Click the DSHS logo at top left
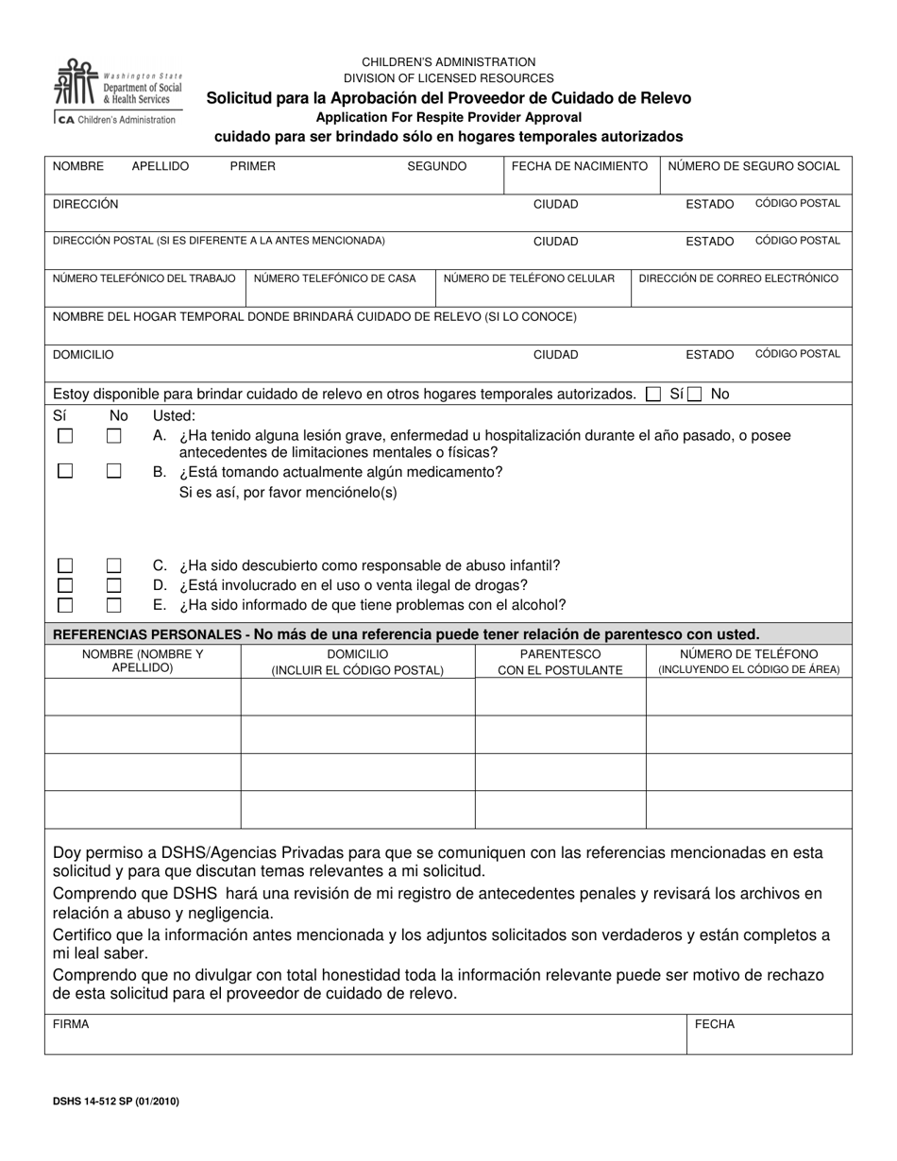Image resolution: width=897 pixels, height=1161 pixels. click(x=118, y=92)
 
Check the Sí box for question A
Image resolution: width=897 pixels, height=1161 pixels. click(x=65, y=436)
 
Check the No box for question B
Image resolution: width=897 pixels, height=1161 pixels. click(x=114, y=471)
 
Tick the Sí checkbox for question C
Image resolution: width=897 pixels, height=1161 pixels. click(x=65, y=565)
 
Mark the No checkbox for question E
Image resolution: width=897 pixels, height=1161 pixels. click(x=114, y=605)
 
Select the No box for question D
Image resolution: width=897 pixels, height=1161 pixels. click(x=114, y=585)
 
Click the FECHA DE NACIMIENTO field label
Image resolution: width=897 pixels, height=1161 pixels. click(x=579, y=166)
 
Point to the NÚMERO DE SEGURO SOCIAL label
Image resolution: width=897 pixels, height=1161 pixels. click(x=753, y=166)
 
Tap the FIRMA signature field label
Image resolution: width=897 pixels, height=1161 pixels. click(x=71, y=1024)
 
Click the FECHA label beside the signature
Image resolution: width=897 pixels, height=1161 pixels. click(x=714, y=1024)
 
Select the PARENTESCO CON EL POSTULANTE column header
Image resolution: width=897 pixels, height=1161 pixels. click(x=560, y=662)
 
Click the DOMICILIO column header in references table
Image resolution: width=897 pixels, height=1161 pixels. click(x=357, y=662)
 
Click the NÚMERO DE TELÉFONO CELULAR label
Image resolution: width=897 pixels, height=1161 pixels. click(x=529, y=278)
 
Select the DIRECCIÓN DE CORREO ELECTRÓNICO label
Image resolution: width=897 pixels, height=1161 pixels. click(x=738, y=278)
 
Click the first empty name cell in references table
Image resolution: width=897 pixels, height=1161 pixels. click(x=142, y=697)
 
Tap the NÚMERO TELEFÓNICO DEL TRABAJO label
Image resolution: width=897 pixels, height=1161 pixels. click(x=144, y=278)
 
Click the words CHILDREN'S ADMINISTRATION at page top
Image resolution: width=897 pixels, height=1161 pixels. click(x=448, y=61)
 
